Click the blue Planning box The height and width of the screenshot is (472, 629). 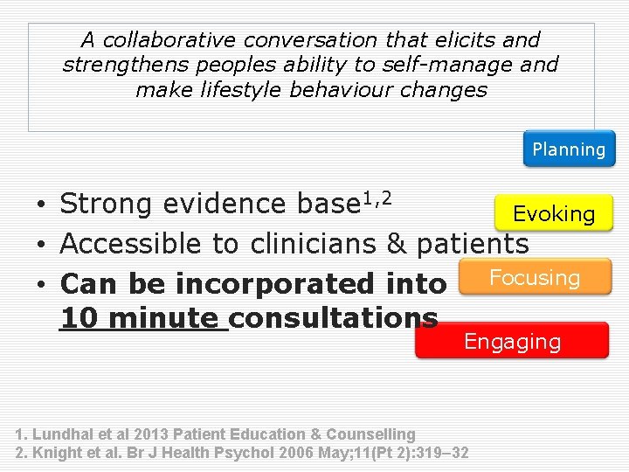[x=569, y=149]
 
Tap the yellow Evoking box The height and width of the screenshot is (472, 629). [x=554, y=214]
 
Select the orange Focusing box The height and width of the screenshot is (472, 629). [x=534, y=277]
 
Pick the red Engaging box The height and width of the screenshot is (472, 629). [x=512, y=341]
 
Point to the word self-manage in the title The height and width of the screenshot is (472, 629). [x=454, y=65]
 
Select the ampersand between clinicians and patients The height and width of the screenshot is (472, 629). [x=397, y=243]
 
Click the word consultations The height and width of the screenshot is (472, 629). [x=335, y=317]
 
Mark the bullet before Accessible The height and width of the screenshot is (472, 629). [x=41, y=245]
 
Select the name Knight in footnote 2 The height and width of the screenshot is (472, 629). [x=57, y=453]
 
